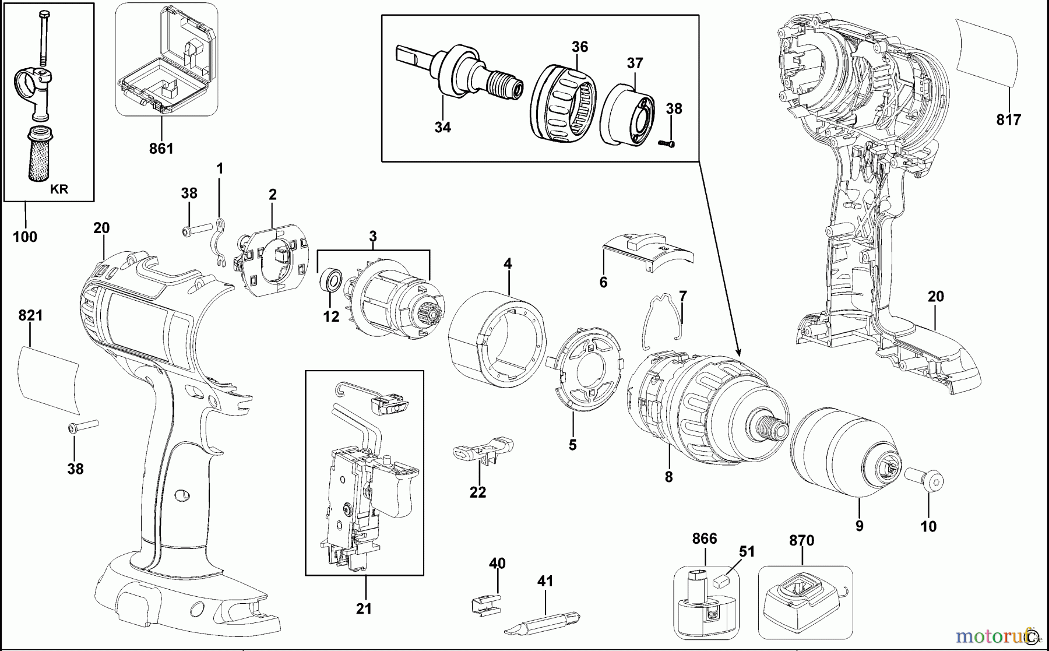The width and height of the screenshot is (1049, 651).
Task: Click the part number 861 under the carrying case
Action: (161, 149)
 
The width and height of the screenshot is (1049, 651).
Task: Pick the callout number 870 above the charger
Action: (801, 541)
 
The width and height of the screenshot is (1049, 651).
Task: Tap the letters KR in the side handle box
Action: (59, 189)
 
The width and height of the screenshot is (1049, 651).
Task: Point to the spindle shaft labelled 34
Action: (460, 73)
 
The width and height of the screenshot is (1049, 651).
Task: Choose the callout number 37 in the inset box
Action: (635, 63)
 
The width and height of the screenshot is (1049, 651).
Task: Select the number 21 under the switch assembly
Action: (364, 609)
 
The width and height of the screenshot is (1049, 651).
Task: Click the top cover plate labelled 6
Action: (647, 252)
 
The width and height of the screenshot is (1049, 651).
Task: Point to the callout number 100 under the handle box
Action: (25, 237)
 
